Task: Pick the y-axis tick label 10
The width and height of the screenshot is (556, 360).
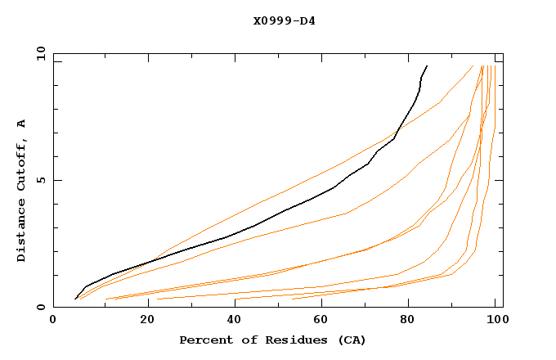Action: point(40,53)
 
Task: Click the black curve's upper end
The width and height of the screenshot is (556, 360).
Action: point(427,65)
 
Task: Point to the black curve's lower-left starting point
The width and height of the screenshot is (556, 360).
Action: point(75,299)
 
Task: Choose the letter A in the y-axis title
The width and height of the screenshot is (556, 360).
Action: point(21,124)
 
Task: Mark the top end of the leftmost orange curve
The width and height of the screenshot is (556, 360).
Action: point(473,65)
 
